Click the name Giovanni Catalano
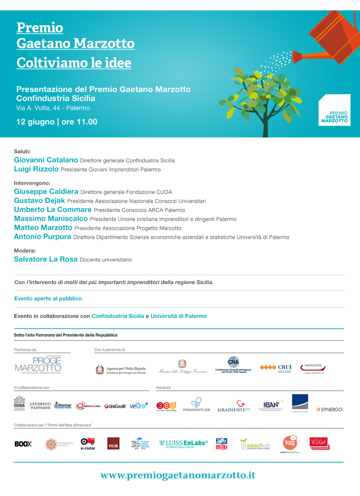[46, 160]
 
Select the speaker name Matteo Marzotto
[43, 228]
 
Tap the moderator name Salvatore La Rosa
[46, 259]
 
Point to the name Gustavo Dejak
[40, 200]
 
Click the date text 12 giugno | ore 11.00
[57, 122]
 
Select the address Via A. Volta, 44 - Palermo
[53, 108]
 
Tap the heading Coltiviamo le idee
[74, 63]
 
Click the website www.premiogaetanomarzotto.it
[178, 475]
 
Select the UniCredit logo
[115, 406]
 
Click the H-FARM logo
[87, 444]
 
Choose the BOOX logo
[23, 444]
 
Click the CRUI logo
[276, 368]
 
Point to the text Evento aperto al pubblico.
[49, 299]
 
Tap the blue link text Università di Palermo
[179, 316]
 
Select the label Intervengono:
[32, 184]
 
